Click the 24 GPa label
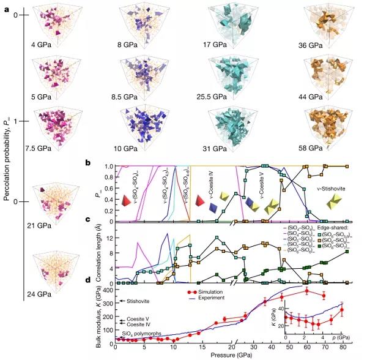40,294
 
